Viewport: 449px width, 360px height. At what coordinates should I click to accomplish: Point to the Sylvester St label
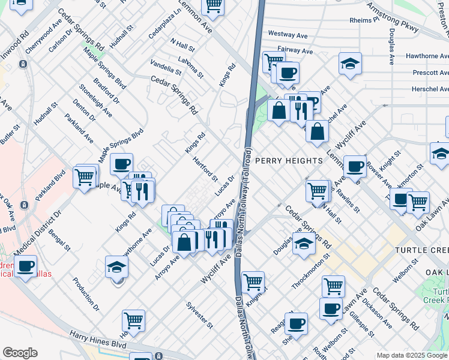coord(200,316)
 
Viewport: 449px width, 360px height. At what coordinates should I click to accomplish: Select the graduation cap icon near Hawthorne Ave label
coord(117,267)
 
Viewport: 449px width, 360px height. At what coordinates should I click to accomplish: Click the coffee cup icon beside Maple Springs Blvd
coord(122,164)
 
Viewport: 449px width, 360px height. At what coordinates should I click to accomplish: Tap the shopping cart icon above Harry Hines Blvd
coord(133,320)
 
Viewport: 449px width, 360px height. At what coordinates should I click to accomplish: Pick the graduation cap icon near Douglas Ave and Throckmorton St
coord(304,245)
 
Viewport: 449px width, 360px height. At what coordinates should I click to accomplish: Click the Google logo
coord(20,353)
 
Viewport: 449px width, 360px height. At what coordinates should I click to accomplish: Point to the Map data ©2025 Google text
coord(411,355)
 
